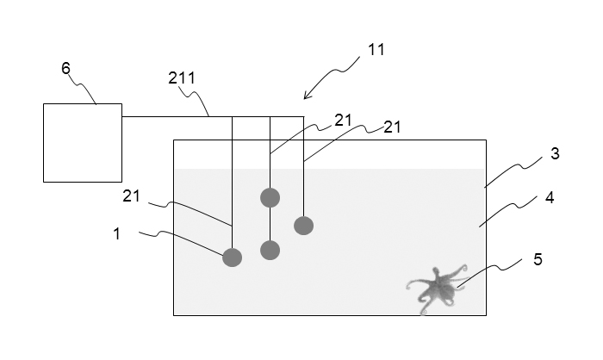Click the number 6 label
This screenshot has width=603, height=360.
tap(65, 68)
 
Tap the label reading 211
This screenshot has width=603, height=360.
tap(182, 78)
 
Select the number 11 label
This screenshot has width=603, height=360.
tap(376, 50)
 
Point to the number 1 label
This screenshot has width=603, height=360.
tap(117, 233)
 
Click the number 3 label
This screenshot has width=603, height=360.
tap(556, 154)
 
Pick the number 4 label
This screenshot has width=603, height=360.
tap(550, 197)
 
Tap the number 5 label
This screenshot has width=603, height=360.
tap(538, 258)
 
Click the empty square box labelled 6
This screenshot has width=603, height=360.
tap(83, 143)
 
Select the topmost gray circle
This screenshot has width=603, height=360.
tap(270, 197)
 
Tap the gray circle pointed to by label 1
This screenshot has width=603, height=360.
tap(233, 257)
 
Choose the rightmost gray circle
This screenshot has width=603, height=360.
tap(303, 226)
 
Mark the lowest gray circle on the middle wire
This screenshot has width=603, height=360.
tap(270, 251)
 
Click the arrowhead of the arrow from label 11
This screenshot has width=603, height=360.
tap(307, 96)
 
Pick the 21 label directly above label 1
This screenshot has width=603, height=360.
tap(131, 196)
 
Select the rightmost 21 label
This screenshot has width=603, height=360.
tap(393, 127)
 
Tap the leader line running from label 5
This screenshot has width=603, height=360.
tap(491, 268)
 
